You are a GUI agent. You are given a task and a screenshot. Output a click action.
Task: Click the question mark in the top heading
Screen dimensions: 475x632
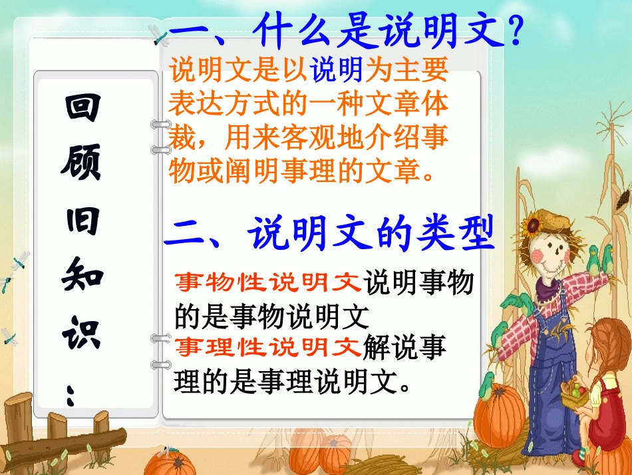pos(512,31)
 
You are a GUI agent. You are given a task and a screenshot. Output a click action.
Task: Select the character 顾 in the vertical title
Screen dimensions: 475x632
pos(82,163)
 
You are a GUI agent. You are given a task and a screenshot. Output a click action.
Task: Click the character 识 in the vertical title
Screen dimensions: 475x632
pos(82,332)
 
